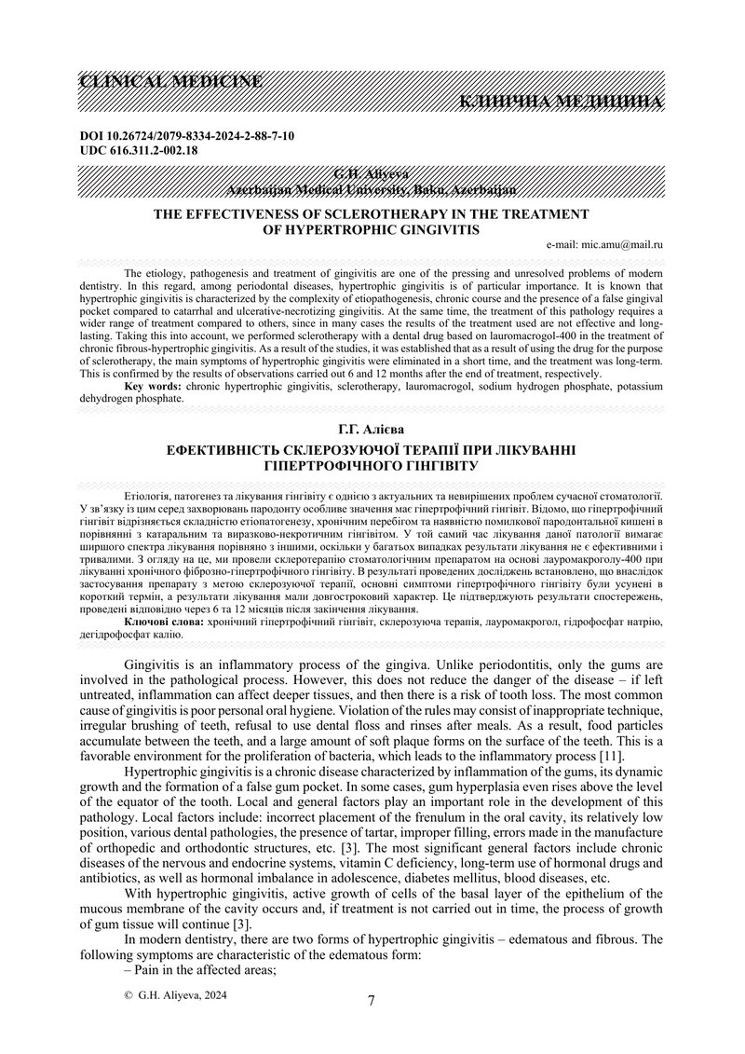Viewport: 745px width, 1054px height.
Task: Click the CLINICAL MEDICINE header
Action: coord(171,81)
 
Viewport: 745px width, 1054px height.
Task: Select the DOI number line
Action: coord(188,136)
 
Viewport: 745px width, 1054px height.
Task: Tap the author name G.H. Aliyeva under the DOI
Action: coord(372,175)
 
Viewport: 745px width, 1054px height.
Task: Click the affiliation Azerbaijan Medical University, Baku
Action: coord(372,189)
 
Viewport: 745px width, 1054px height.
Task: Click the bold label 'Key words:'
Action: coord(153,384)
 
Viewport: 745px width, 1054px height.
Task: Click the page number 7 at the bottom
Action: coord(372,1001)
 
